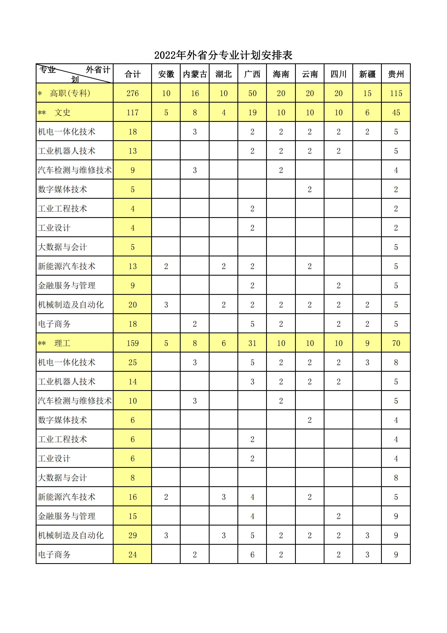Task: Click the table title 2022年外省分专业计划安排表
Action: tap(223, 56)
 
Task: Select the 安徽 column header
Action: tap(166, 74)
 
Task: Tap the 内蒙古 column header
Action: tap(195, 74)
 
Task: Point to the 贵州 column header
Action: tap(396, 74)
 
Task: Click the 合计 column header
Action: tap(133, 74)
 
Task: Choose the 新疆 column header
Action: tap(367, 74)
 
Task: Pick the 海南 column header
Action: tap(281, 74)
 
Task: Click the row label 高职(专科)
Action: tap(70, 93)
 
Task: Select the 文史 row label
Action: tap(62, 112)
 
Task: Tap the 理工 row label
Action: tap(62, 343)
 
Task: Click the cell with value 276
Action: tap(133, 93)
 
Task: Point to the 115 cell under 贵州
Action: tap(396, 93)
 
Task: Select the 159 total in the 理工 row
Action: tap(133, 343)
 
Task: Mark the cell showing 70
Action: tap(396, 343)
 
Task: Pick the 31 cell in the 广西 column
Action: tap(252, 343)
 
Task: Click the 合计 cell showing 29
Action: tap(133, 536)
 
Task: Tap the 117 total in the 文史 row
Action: tap(133, 112)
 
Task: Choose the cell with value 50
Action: tap(252, 93)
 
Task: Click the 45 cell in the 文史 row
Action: tap(396, 112)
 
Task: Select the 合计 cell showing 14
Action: tap(133, 381)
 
